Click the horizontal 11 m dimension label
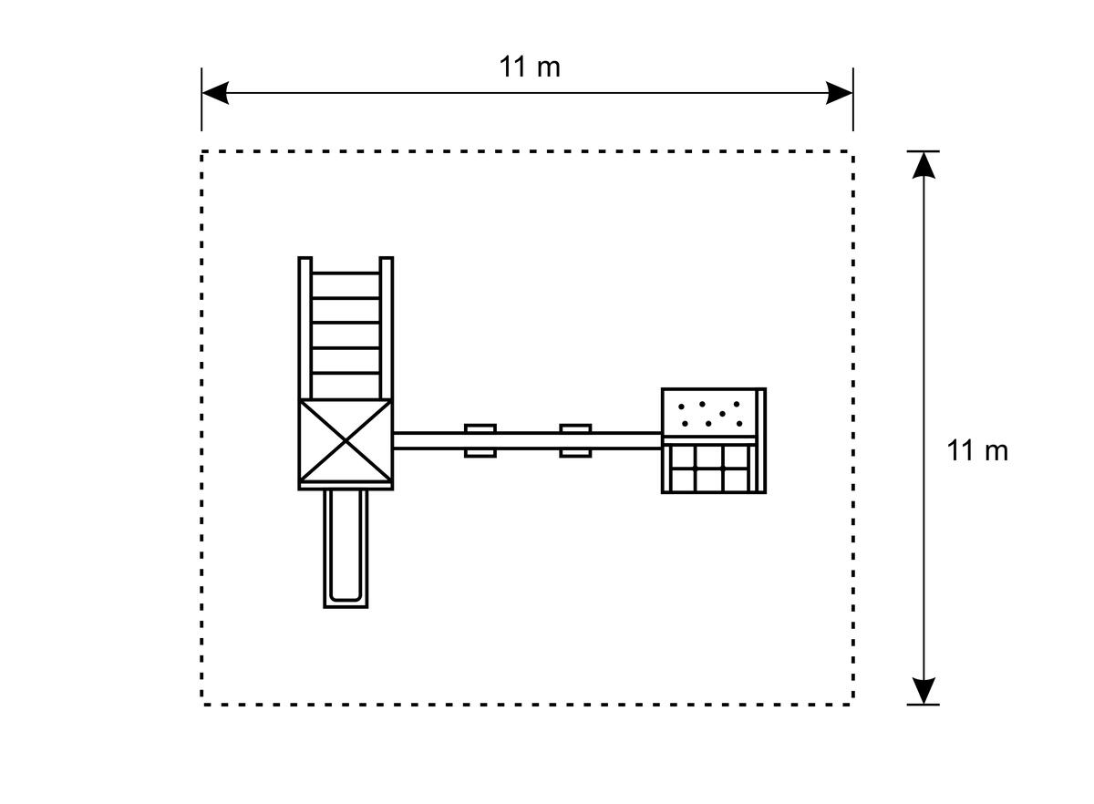(x=530, y=67)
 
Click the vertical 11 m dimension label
(x=977, y=450)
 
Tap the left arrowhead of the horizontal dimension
(x=215, y=93)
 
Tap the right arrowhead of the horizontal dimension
(x=839, y=93)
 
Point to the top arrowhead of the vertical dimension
(x=924, y=166)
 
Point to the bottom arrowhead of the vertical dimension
(x=924, y=691)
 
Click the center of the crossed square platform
(x=346, y=440)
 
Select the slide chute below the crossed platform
(x=346, y=549)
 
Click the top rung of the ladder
(x=346, y=273)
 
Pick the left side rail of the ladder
(x=304, y=328)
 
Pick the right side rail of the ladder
(x=387, y=328)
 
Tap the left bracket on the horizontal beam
(x=480, y=440)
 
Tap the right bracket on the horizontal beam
(x=575, y=440)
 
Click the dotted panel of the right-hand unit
(x=709, y=413)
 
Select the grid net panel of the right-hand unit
(x=709, y=469)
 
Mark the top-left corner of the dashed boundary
(x=201, y=152)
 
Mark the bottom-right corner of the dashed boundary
(x=853, y=705)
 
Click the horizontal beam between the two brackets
(x=528, y=440)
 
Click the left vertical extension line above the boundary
(x=201, y=99)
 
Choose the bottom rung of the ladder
(x=346, y=373)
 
